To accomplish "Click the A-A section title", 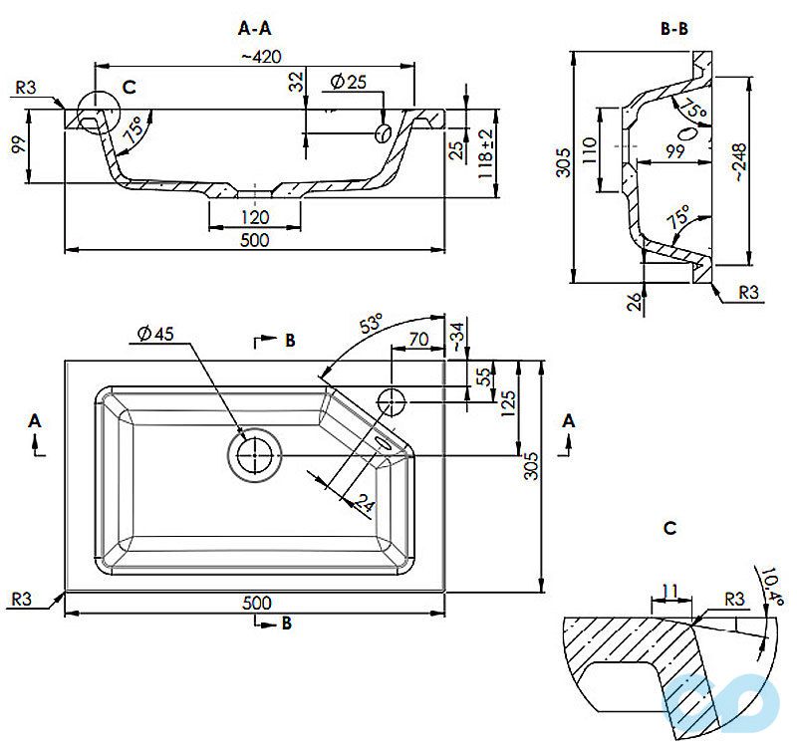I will point(255,29).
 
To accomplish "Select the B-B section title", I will point(674,29).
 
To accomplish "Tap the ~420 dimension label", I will point(259,56).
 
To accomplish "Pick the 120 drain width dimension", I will point(254,216).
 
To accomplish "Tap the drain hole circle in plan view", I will point(255,453).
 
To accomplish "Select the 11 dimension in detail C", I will point(669,592).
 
